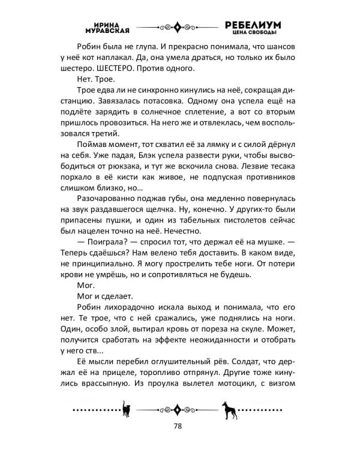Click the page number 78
[179, 427]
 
